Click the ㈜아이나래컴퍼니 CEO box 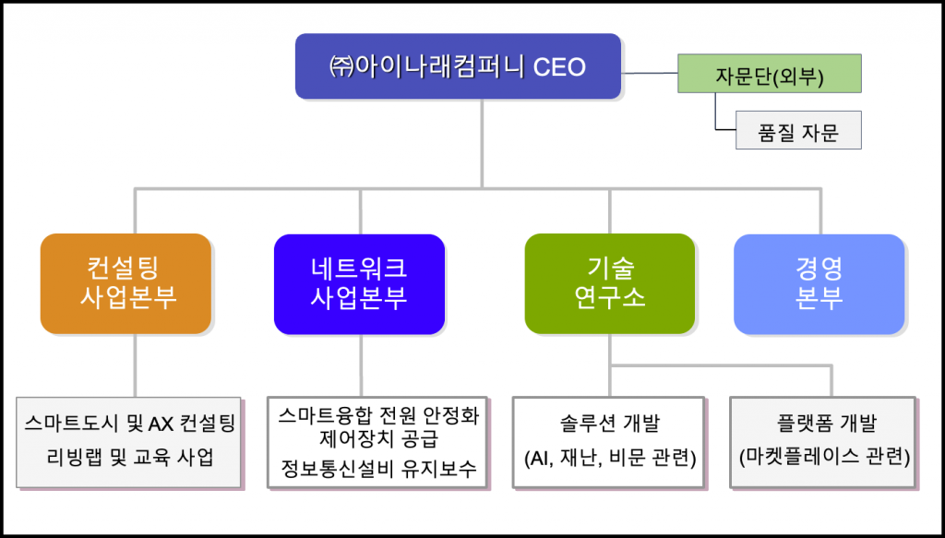coord(458,66)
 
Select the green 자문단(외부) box coord(770,74)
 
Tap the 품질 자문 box coord(798,130)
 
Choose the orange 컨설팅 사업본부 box coord(126,283)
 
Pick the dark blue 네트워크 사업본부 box coord(359,283)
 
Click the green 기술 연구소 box coord(610,283)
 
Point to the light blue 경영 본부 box coord(819,283)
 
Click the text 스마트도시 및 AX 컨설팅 coord(129,424)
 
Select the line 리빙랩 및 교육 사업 coord(129,458)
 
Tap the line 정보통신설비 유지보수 coord(378,468)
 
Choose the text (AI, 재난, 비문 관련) coord(610,459)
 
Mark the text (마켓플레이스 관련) coord(825,458)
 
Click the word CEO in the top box coord(560,66)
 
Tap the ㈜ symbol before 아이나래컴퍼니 coord(341,66)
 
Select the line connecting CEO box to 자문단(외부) coord(650,74)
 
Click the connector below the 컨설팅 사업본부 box coord(135,365)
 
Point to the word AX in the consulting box coord(161,424)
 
